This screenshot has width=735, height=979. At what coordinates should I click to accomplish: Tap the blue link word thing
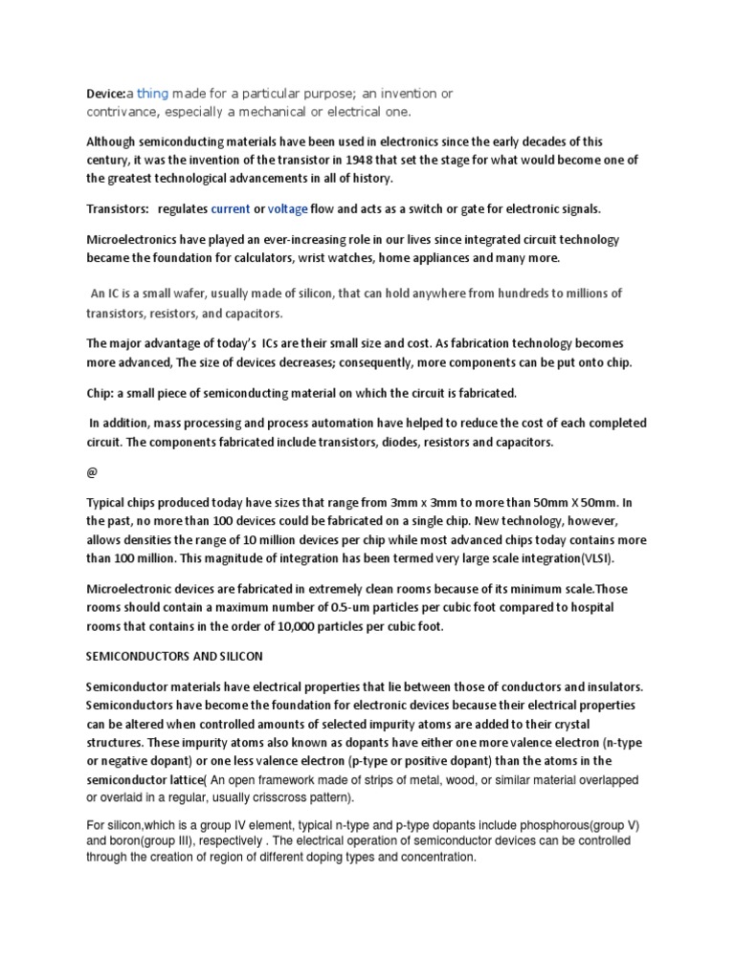[152, 93]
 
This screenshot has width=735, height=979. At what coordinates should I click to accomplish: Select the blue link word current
[231, 208]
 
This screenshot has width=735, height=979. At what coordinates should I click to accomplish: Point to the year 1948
[388, 161]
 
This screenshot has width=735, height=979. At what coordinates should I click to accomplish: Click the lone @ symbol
[93, 472]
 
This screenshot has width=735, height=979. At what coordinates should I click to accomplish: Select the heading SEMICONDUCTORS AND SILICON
[172, 660]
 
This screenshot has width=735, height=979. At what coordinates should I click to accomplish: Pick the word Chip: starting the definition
[102, 393]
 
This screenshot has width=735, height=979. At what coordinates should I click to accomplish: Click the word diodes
[367, 443]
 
